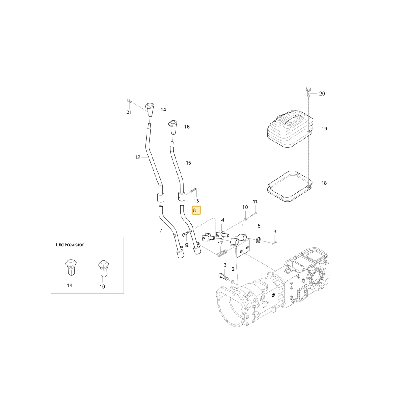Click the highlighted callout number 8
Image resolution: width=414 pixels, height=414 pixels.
pyautogui.click(x=196, y=210)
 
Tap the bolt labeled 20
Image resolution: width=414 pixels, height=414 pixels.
pyautogui.click(x=308, y=91)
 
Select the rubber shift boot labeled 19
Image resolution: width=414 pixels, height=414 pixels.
pyautogui.click(x=290, y=129)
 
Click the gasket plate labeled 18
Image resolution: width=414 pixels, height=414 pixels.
pyautogui.click(x=290, y=186)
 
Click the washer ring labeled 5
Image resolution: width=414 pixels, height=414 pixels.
pyautogui.click(x=258, y=240)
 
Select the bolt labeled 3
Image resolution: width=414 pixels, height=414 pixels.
pyautogui.click(x=224, y=277)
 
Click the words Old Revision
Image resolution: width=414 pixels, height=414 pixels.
pyautogui.click(x=70, y=245)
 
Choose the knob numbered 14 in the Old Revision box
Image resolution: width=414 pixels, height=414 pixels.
pyautogui.click(x=71, y=267)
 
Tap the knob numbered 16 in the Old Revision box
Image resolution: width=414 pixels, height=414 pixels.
pyautogui.click(x=103, y=268)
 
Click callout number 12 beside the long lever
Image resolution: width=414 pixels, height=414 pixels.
pyautogui.click(x=137, y=157)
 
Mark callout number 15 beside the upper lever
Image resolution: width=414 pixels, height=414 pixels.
pyautogui.click(x=188, y=163)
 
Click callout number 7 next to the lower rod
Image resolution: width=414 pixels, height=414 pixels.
pyautogui.click(x=161, y=231)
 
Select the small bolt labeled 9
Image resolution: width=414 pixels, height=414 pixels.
pyautogui.click(x=185, y=233)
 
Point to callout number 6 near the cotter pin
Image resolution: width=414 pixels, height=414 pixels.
pyautogui.click(x=275, y=231)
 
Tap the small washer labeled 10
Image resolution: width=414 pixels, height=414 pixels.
pyautogui.click(x=246, y=219)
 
